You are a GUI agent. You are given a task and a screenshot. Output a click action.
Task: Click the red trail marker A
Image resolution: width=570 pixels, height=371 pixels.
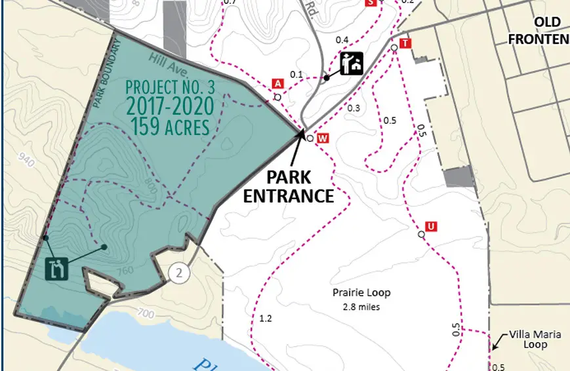[x=278, y=83]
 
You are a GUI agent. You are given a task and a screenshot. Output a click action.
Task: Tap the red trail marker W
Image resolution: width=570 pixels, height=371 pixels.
[x=322, y=138]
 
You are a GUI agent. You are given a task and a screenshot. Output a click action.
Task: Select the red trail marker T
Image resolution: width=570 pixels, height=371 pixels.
[x=405, y=43]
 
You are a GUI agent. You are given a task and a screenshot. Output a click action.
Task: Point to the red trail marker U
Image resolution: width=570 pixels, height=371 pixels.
[x=431, y=227]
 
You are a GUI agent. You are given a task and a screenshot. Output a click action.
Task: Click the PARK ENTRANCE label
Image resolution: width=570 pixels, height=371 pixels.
[x=289, y=186]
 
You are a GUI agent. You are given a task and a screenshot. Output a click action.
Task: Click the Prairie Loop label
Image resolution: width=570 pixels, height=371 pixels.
[x=362, y=294]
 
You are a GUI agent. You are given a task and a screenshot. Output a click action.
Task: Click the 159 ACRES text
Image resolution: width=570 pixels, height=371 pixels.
[x=169, y=126]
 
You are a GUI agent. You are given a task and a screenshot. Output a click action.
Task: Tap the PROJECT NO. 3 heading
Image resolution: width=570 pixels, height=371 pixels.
[x=169, y=87]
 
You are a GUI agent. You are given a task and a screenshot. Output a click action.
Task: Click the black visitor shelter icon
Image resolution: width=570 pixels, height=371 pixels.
[x=352, y=64]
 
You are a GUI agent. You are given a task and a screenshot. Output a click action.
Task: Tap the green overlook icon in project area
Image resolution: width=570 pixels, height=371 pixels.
[x=57, y=269]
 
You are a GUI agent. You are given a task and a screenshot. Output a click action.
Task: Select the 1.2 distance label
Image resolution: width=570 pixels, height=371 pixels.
[x=266, y=319]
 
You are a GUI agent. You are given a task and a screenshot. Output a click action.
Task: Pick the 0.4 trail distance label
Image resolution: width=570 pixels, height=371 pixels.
[x=342, y=40]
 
